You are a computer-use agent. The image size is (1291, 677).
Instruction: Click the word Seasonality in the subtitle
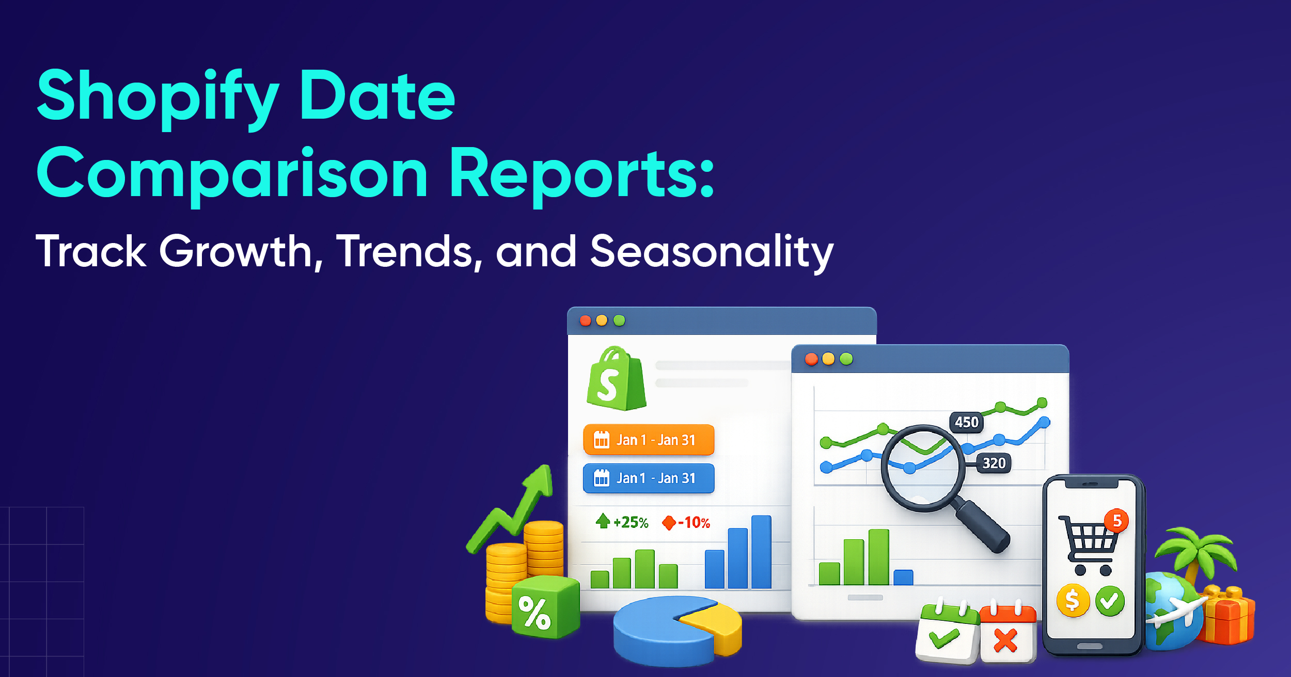click(712, 252)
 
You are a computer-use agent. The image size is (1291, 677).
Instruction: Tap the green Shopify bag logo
click(616, 379)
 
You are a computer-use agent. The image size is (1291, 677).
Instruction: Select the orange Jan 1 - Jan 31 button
click(649, 440)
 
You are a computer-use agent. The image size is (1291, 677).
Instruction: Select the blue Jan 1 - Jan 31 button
click(649, 478)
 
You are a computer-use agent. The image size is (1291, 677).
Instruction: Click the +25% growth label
click(623, 522)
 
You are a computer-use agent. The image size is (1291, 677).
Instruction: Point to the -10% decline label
click(686, 523)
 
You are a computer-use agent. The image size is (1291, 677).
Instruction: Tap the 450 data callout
click(966, 422)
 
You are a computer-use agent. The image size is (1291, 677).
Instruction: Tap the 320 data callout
click(994, 463)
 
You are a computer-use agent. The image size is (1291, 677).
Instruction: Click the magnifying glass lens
click(922, 468)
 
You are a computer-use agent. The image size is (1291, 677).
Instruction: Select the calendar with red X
click(1007, 635)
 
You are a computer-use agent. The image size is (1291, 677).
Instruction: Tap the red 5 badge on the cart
click(1116, 521)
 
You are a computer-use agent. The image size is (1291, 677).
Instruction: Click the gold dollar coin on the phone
click(1073, 600)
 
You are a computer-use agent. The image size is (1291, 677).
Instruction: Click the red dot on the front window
click(811, 359)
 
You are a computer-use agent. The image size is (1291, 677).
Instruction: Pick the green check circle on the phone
click(1110, 601)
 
